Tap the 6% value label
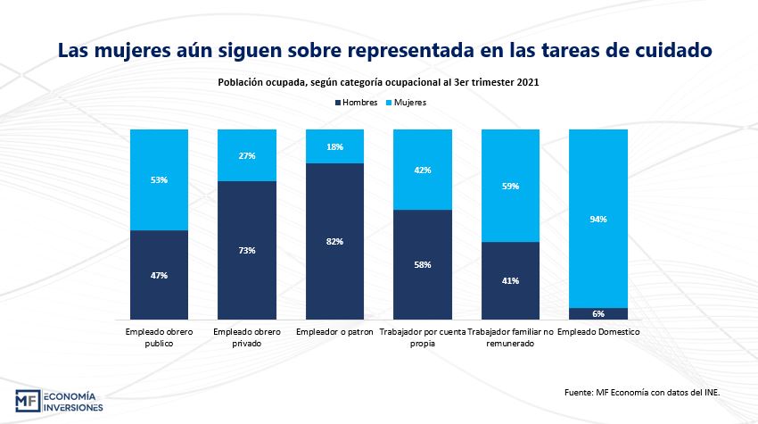point(598,313)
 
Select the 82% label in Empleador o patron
point(335,241)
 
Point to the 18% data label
point(335,146)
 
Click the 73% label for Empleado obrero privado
point(248,250)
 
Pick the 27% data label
point(248,155)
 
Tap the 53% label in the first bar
point(160,179)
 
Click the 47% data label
point(160,275)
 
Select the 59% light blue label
point(510,186)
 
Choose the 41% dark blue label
point(510,280)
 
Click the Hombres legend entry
point(360,103)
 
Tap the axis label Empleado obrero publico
point(160,337)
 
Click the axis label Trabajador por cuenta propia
point(423,337)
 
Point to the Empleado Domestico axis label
point(598,332)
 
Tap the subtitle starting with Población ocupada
point(379,81)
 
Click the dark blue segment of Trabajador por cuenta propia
point(423,264)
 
